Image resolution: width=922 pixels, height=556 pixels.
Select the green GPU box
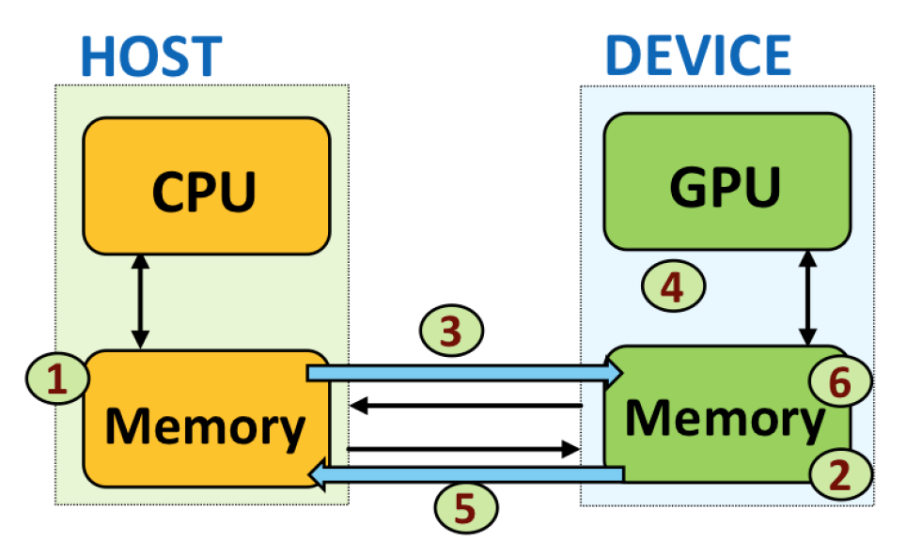click(726, 183)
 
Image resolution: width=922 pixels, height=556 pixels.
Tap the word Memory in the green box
click(724, 418)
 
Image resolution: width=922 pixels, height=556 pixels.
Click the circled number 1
click(57, 378)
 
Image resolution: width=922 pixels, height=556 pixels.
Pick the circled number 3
click(450, 331)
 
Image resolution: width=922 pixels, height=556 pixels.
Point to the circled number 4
click(672, 286)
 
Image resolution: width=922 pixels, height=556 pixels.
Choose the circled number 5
click(465, 509)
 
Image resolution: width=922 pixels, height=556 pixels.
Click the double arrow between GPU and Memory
click(805, 296)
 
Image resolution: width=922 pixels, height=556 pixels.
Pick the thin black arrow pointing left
click(465, 406)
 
